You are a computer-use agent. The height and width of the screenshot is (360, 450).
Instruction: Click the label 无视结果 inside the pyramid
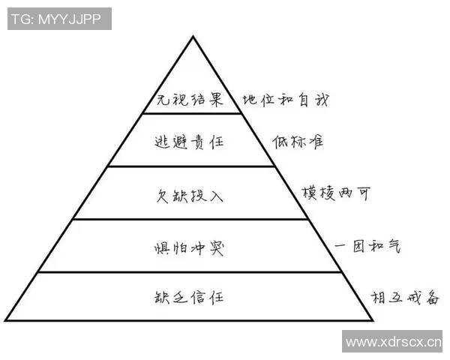click(x=190, y=100)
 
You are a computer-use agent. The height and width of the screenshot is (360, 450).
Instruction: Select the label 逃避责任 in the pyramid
click(x=189, y=142)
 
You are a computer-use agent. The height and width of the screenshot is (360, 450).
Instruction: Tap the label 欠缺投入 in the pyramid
click(x=190, y=196)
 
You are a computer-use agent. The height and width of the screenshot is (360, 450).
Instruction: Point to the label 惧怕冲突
click(x=189, y=248)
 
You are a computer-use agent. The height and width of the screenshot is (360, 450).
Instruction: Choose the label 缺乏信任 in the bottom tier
click(x=189, y=297)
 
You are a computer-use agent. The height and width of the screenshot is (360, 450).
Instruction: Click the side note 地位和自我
click(x=286, y=100)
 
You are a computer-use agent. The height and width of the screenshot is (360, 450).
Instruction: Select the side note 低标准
click(x=298, y=142)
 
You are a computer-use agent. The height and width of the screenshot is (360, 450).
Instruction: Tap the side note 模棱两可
click(x=336, y=193)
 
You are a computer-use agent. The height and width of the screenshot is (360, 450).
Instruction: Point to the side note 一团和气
click(x=367, y=246)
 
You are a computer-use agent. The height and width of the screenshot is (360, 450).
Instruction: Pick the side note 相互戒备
click(x=405, y=298)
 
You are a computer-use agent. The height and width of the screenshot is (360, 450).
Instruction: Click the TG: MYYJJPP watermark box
click(x=59, y=19)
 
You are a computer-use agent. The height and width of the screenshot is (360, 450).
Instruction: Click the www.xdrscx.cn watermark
click(x=392, y=341)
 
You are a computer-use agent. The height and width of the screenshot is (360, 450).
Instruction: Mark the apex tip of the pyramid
click(x=193, y=36)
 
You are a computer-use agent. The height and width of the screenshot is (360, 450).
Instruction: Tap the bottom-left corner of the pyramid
click(x=5, y=320)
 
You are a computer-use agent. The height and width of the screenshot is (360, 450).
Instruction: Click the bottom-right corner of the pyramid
click(x=373, y=320)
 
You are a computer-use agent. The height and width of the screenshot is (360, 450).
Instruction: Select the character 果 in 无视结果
click(x=216, y=100)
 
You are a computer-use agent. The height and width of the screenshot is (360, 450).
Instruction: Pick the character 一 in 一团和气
click(x=340, y=246)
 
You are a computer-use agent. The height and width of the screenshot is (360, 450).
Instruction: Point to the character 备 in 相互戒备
click(x=433, y=298)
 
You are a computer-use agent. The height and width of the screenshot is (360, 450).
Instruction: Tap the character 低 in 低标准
click(x=280, y=142)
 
